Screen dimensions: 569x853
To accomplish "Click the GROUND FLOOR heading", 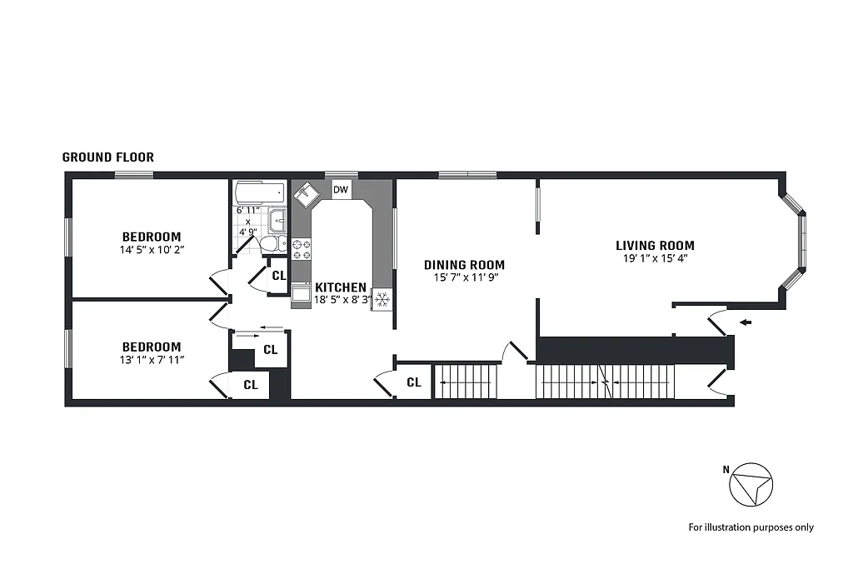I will [108, 157].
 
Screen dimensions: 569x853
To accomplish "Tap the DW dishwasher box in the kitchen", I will [341, 190].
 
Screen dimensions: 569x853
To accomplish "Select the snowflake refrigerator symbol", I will [382, 299].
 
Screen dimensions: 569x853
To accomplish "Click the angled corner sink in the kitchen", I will [305, 193].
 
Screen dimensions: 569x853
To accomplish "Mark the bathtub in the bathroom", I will [259, 193].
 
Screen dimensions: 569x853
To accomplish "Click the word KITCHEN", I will [340, 287].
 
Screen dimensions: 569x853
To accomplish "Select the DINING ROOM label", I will [464, 265].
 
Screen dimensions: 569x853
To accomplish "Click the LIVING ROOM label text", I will [655, 246].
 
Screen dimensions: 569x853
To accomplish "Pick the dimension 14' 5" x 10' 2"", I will [152, 248].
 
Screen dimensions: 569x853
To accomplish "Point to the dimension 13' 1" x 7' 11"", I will [152, 359].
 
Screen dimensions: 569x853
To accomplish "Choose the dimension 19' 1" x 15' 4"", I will [655, 258].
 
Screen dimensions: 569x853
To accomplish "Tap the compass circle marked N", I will [751, 483].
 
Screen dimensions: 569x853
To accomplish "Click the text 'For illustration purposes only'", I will [751, 527].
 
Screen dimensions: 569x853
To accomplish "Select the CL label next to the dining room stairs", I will [414, 382].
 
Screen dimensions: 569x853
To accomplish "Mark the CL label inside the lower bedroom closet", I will [251, 385].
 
